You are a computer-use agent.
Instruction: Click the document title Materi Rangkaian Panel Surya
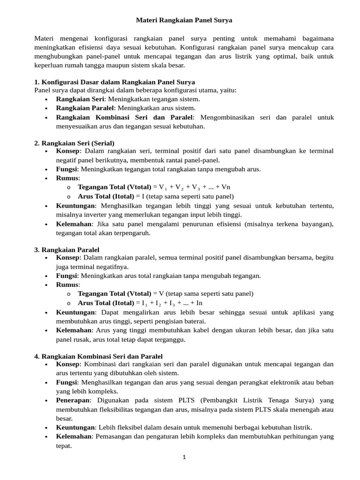click(x=184, y=21)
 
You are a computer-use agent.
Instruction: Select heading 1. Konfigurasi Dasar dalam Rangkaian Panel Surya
click(x=115, y=82)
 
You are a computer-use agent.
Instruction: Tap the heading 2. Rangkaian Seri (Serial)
click(x=75, y=142)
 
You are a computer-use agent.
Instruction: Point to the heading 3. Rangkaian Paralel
click(x=67, y=249)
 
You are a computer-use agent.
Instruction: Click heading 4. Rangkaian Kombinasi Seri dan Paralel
click(x=98, y=357)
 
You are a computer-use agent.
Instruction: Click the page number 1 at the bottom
click(x=185, y=457)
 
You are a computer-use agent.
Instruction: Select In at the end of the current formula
click(x=199, y=303)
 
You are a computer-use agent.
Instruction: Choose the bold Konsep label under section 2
click(x=68, y=151)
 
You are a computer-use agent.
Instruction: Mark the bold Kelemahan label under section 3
click(x=74, y=330)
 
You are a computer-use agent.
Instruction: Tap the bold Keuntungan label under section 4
click(x=75, y=427)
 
